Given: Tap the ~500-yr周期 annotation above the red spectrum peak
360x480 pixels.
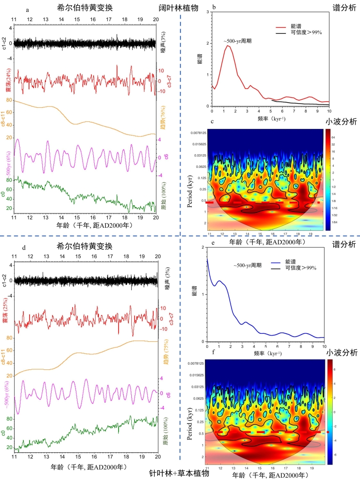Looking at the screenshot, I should [x=238, y=41].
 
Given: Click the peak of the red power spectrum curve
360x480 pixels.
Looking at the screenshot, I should [x=227, y=45].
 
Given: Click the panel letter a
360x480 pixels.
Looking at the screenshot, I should [x=28, y=9].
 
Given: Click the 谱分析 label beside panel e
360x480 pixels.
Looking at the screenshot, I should [x=346, y=244].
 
